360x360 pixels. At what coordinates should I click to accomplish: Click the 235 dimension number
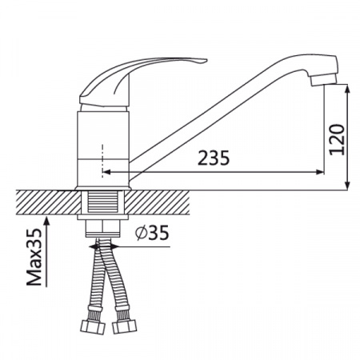(x=214, y=158)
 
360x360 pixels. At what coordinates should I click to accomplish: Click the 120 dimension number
(x=337, y=139)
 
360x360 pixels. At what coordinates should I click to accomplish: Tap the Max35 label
(x=34, y=257)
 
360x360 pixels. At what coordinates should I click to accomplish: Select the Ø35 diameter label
(x=152, y=233)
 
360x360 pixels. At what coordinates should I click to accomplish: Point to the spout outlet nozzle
(x=323, y=79)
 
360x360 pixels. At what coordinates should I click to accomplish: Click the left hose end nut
(x=93, y=327)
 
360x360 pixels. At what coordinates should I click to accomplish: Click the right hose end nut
(x=124, y=326)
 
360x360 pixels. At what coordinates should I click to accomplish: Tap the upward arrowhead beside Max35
(x=47, y=222)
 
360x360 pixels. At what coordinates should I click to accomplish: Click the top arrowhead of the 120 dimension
(x=347, y=90)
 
